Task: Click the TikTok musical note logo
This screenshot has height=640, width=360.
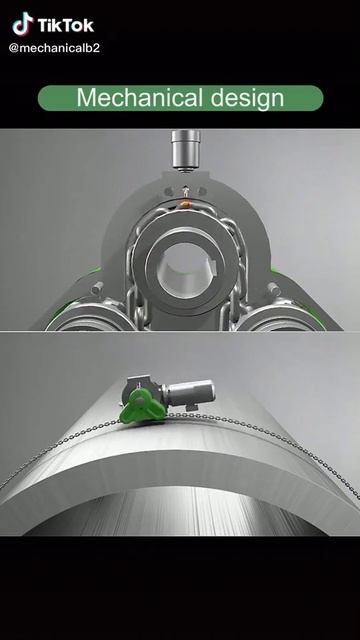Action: pyautogui.click(x=23, y=24)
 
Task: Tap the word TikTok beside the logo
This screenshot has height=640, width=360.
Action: pyautogui.click(x=66, y=25)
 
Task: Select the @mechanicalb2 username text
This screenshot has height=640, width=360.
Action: pyautogui.click(x=54, y=48)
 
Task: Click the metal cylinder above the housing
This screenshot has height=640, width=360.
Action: pyautogui.click(x=186, y=149)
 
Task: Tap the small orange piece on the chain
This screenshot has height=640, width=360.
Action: pyautogui.click(x=185, y=204)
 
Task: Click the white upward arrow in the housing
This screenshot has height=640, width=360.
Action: pyautogui.click(x=186, y=191)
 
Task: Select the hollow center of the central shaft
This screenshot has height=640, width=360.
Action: pyautogui.click(x=184, y=270)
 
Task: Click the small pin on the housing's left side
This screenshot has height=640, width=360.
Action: pyautogui.click(x=97, y=288)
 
